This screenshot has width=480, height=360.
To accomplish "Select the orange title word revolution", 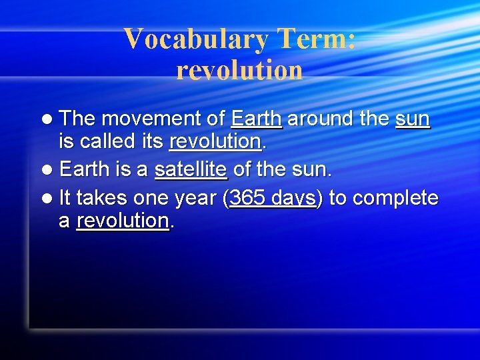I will tap(239, 70).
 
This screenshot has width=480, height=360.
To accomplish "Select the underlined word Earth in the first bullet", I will tap(257, 119).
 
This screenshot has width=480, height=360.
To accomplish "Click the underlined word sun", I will tap(412, 119).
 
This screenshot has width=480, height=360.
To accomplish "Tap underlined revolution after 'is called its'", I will tap(215, 142).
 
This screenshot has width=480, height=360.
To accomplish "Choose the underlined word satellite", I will tap(191, 170).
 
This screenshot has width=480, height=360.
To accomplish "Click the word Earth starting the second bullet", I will tap(85, 170).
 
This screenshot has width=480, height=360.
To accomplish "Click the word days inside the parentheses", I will tap(294, 198).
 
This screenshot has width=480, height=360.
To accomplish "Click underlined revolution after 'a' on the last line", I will tap(123, 221).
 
